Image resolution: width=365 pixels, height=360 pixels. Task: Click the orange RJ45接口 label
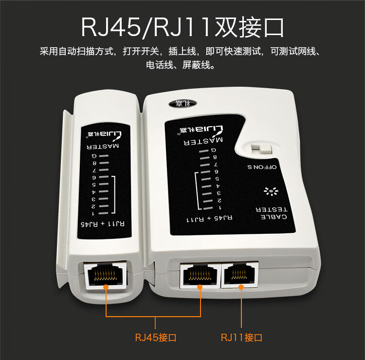pos(156,338)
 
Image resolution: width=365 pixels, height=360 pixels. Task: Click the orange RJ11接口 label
pos(241,338)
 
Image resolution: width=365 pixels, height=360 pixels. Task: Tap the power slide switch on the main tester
pos(261,149)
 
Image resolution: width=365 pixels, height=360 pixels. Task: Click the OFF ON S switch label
pos(262,167)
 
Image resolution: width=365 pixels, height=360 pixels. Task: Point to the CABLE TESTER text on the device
pos(272,213)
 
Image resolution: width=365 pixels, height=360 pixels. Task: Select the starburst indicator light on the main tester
pos(271,191)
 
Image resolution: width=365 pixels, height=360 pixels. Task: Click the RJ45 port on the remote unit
pos(105,275)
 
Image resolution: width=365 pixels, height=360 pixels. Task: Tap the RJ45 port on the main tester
pos(201,275)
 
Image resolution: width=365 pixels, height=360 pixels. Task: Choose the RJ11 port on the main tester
pos(240,274)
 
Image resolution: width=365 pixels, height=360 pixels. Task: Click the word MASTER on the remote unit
pos(103,146)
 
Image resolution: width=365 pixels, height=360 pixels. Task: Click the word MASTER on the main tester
pos(203,141)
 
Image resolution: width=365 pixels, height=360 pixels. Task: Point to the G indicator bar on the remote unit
pos(104,156)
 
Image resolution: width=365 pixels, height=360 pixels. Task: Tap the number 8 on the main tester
pos(215,157)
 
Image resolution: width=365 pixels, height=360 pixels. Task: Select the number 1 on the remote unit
pos(93,213)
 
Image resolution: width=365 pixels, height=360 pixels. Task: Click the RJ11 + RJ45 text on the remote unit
pos(102,224)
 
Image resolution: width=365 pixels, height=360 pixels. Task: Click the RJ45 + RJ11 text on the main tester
pos(209,219)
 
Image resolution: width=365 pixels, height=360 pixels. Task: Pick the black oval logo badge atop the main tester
pos(182,103)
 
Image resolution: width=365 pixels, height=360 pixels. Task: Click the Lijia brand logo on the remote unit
pos(105,135)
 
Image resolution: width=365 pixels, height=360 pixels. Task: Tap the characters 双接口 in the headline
pos(249,27)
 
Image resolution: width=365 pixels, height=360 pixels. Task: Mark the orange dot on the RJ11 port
pos(241,287)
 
